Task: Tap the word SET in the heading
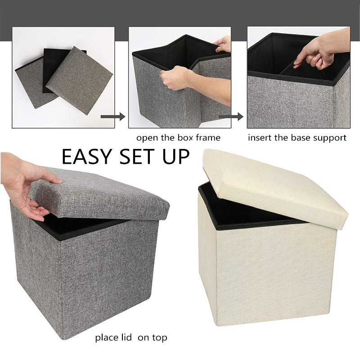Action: coord(134,156)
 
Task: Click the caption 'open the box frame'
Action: coord(178,138)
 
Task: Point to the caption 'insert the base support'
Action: coord(297,138)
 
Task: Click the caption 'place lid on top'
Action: coord(131,337)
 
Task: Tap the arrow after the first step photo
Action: coord(112,117)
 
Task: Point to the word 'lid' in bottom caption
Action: coord(124,337)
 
